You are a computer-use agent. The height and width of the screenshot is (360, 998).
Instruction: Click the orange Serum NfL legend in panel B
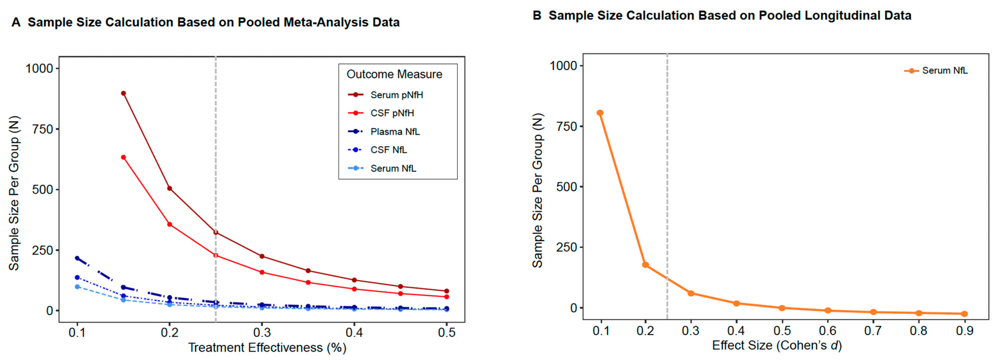(x=944, y=71)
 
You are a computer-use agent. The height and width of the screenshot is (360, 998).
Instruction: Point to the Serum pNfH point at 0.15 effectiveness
(x=123, y=93)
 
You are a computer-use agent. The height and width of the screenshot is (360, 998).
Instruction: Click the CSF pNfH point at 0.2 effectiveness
(x=169, y=224)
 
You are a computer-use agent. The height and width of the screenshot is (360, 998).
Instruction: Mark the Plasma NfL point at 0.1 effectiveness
(x=77, y=258)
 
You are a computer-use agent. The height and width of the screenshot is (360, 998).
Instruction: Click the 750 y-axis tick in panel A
(x=43, y=129)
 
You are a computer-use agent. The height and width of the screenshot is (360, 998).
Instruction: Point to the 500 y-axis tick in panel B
(x=566, y=187)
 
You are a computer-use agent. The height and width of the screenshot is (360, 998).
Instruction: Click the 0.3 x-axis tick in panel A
(x=262, y=333)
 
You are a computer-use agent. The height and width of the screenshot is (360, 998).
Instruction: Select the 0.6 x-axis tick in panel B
(x=828, y=331)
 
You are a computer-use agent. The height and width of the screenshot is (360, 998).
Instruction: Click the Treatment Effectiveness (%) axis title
(x=267, y=348)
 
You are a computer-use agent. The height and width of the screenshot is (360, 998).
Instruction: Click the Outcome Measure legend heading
(x=394, y=74)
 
